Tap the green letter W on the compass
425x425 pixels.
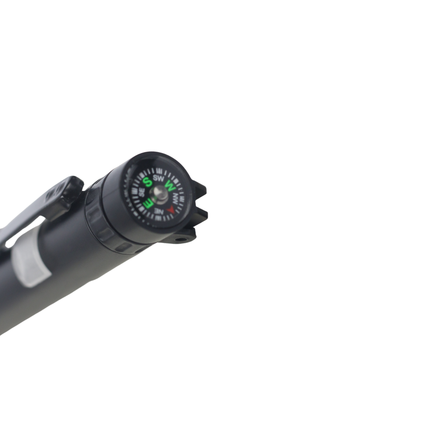[x=171, y=185]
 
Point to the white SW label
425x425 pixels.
[x=159, y=178]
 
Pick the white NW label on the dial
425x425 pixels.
[x=176, y=199]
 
